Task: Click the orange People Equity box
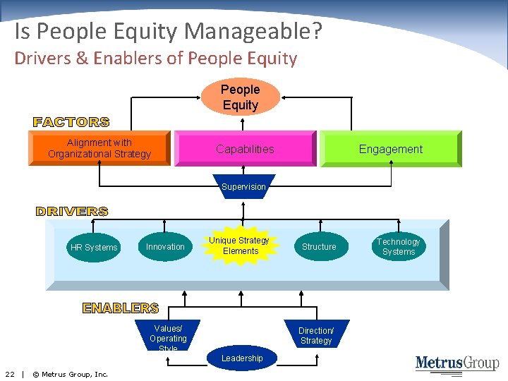click(x=241, y=97)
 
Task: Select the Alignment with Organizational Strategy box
click(x=99, y=148)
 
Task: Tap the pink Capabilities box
click(x=245, y=149)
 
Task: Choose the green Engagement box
click(x=390, y=149)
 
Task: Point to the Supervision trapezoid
click(x=243, y=187)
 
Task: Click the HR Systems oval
click(x=94, y=248)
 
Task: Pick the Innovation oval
click(x=165, y=247)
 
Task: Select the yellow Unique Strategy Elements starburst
click(x=240, y=246)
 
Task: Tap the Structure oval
click(x=319, y=247)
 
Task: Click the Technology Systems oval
click(x=399, y=247)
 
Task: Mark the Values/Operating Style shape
click(x=168, y=335)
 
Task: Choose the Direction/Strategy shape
click(x=316, y=335)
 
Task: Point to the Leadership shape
click(x=242, y=358)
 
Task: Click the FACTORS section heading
click(x=71, y=122)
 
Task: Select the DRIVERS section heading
click(x=72, y=211)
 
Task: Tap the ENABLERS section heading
click(x=121, y=308)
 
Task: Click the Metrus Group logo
click(x=456, y=363)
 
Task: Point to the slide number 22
click(x=10, y=374)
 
